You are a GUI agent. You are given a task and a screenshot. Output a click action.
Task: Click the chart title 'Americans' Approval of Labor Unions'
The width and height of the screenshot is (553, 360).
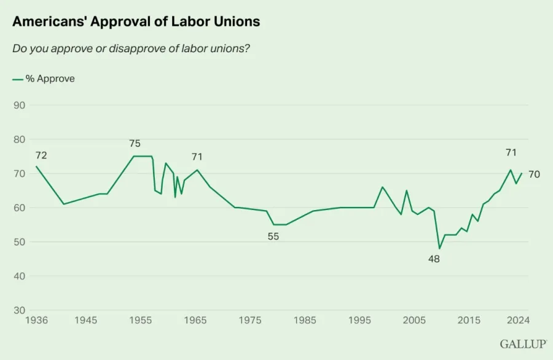[136, 22]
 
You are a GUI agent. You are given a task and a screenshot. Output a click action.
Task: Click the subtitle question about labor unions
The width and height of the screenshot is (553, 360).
[131, 49]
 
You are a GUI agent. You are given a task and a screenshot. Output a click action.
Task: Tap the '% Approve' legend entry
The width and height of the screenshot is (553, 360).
[44, 79]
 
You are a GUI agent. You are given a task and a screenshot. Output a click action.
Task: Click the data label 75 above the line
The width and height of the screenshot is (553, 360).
[135, 144]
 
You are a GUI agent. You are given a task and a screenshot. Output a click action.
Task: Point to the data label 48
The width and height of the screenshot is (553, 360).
[434, 259]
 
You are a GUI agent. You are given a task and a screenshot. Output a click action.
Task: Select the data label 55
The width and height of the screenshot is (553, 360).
[273, 237]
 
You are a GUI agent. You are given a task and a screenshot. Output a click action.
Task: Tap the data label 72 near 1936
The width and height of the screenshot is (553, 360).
[41, 155]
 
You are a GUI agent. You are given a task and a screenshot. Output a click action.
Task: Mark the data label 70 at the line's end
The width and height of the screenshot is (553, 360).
[534, 174]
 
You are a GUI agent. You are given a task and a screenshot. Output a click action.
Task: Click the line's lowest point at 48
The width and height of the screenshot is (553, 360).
[439, 248]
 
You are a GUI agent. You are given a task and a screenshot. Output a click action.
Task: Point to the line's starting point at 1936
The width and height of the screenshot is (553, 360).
[36, 166]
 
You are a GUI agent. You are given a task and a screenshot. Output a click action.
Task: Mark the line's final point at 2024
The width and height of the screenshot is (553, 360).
[522, 173]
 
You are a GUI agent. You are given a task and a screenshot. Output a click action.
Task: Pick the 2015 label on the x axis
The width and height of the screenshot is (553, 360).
[469, 320]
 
